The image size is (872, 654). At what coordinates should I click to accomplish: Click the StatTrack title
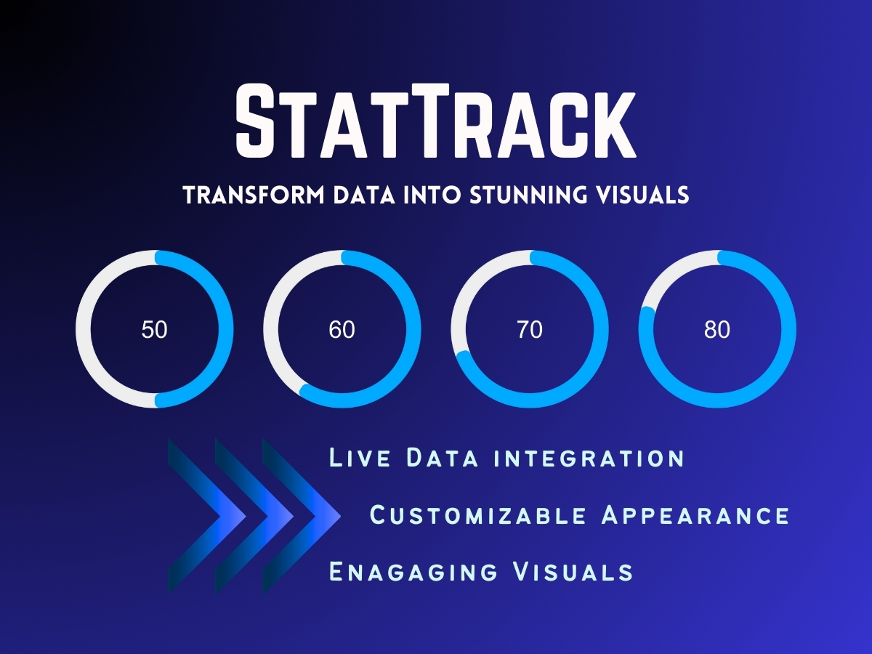tap(436, 121)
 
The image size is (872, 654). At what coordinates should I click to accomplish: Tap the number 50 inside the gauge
tap(154, 330)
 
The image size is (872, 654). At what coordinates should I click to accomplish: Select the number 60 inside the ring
tap(342, 330)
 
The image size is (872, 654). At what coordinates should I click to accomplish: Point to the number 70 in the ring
tap(530, 330)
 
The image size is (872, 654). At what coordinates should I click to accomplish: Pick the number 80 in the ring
tap(717, 330)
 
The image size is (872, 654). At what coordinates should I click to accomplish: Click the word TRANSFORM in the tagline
tap(254, 195)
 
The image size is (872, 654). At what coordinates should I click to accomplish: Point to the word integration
tap(589, 458)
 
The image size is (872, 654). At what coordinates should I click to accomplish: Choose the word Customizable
tap(478, 515)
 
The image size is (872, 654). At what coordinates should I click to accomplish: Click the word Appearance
tap(695, 515)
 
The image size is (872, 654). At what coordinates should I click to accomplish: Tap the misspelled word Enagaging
tap(413, 572)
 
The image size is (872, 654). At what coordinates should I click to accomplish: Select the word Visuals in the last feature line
tap(573, 572)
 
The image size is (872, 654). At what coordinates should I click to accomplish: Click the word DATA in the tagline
tap(364, 195)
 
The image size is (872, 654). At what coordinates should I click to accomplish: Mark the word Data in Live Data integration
tap(442, 458)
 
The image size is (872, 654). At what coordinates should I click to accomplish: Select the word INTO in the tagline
tap(433, 195)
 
